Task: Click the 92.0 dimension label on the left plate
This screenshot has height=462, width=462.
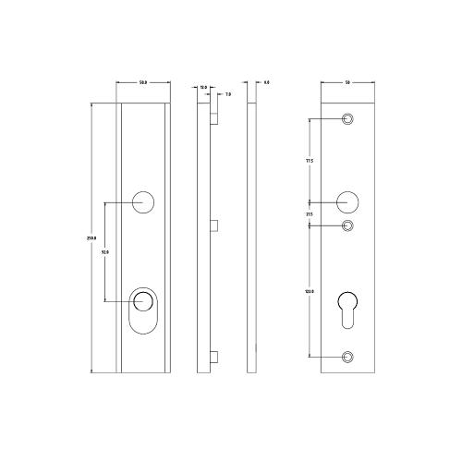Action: point(104,251)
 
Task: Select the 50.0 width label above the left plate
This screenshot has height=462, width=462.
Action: point(143,84)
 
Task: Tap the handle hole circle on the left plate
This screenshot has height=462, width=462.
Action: point(143,202)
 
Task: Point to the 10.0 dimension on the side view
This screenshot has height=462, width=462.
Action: point(203,87)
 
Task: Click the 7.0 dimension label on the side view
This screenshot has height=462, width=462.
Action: point(227,94)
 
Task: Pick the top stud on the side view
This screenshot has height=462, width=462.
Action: point(213,119)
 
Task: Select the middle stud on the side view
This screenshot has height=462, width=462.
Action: point(213,225)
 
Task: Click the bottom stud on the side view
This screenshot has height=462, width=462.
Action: point(213,357)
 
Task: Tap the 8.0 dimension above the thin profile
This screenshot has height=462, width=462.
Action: point(266,84)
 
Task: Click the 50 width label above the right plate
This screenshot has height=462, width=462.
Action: point(346,84)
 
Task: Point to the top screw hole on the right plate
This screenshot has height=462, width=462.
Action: point(348,119)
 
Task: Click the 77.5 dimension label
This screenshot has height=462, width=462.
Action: point(309,160)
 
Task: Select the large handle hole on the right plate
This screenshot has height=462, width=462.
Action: point(347,201)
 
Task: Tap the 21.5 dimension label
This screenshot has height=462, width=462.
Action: point(309,214)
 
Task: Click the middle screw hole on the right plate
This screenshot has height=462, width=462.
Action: point(348,225)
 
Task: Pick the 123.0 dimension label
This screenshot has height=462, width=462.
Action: point(309,292)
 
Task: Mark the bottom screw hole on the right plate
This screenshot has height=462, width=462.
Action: point(348,357)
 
